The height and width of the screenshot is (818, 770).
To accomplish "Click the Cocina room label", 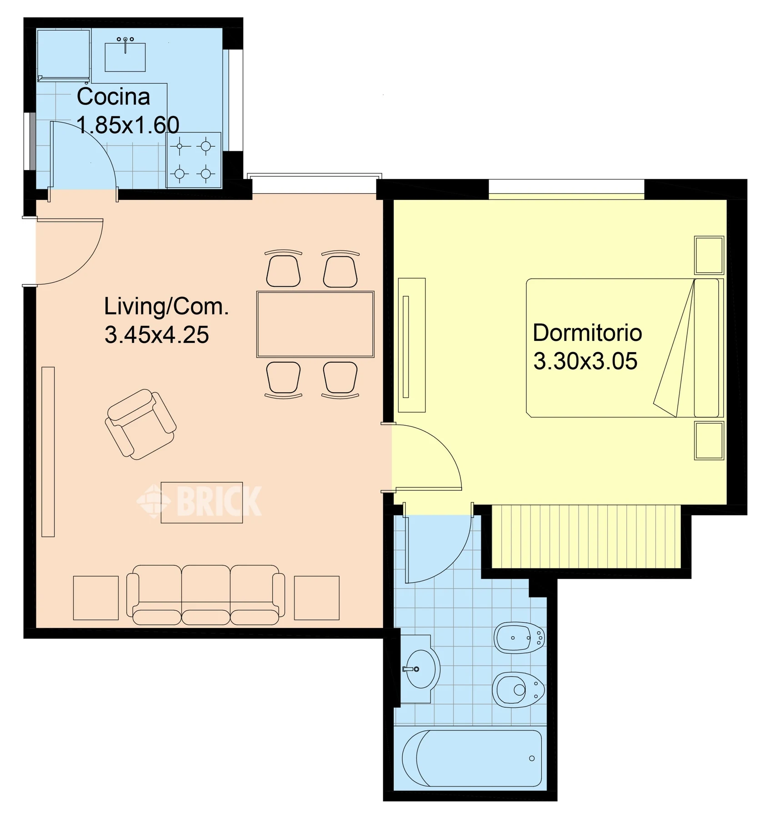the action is coord(113,96).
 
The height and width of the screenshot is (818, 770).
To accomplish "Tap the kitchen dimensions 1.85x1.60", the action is coord(128,125).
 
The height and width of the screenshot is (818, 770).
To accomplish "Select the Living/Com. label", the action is coord(166,306).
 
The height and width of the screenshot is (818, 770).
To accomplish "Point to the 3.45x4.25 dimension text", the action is coord(157,334).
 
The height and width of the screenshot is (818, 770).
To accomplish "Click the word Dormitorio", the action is coord(587,333).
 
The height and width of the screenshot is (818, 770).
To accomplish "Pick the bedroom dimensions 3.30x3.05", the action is coord(585,361).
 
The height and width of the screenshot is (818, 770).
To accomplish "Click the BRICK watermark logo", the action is coord(200,501).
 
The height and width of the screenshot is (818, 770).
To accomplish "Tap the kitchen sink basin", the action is coord(125,57).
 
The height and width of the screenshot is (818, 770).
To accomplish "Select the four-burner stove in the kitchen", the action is coord(194,160).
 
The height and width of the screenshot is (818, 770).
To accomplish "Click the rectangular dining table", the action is coord(315,324).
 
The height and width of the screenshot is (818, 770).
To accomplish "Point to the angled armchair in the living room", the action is coord(141,424).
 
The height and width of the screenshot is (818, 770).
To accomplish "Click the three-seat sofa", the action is coord(205,595).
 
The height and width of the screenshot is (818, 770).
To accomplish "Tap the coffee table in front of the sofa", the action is coord(202,503).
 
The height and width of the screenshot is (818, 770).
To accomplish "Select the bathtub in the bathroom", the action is coord(472,758).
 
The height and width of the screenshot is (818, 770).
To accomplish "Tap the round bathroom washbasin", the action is coord(422,669).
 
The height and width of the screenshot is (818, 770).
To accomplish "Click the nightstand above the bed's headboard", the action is coord(709,255).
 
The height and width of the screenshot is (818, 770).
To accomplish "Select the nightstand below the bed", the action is coord(709,440).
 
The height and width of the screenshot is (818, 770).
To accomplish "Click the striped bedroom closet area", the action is coord(586,536).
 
